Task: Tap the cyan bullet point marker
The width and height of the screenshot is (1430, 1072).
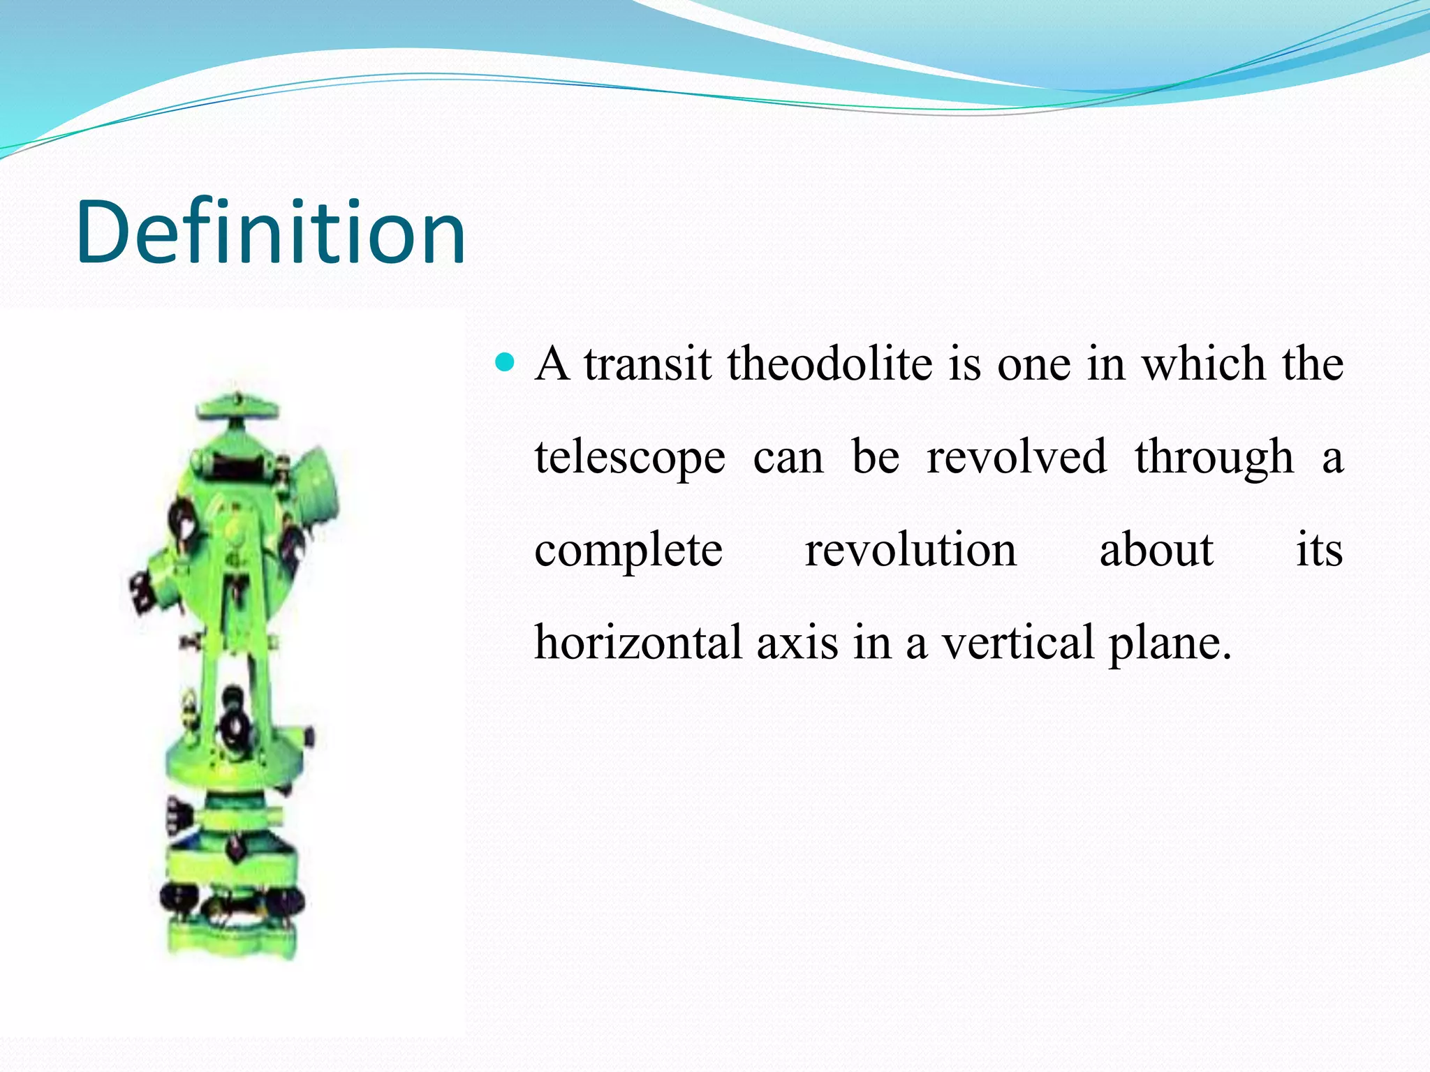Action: click(x=504, y=363)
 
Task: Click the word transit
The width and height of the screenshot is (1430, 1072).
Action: click(x=648, y=364)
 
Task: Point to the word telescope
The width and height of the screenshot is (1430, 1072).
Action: click(x=630, y=459)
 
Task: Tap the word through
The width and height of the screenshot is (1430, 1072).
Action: click(x=1214, y=459)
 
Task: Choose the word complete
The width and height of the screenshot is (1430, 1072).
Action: click(x=628, y=551)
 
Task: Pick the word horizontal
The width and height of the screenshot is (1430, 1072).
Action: click(x=638, y=643)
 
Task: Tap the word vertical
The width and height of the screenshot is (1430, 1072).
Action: click(x=1019, y=643)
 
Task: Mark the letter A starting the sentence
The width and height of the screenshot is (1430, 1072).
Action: click(x=552, y=364)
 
